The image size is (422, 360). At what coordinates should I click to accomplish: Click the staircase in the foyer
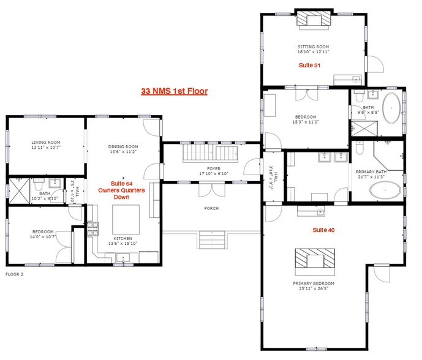point(209,153)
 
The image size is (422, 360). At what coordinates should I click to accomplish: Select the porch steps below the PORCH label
point(212,238)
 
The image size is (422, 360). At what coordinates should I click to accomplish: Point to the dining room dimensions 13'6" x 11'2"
point(123,152)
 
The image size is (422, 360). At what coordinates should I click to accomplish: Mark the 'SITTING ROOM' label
point(313,47)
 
